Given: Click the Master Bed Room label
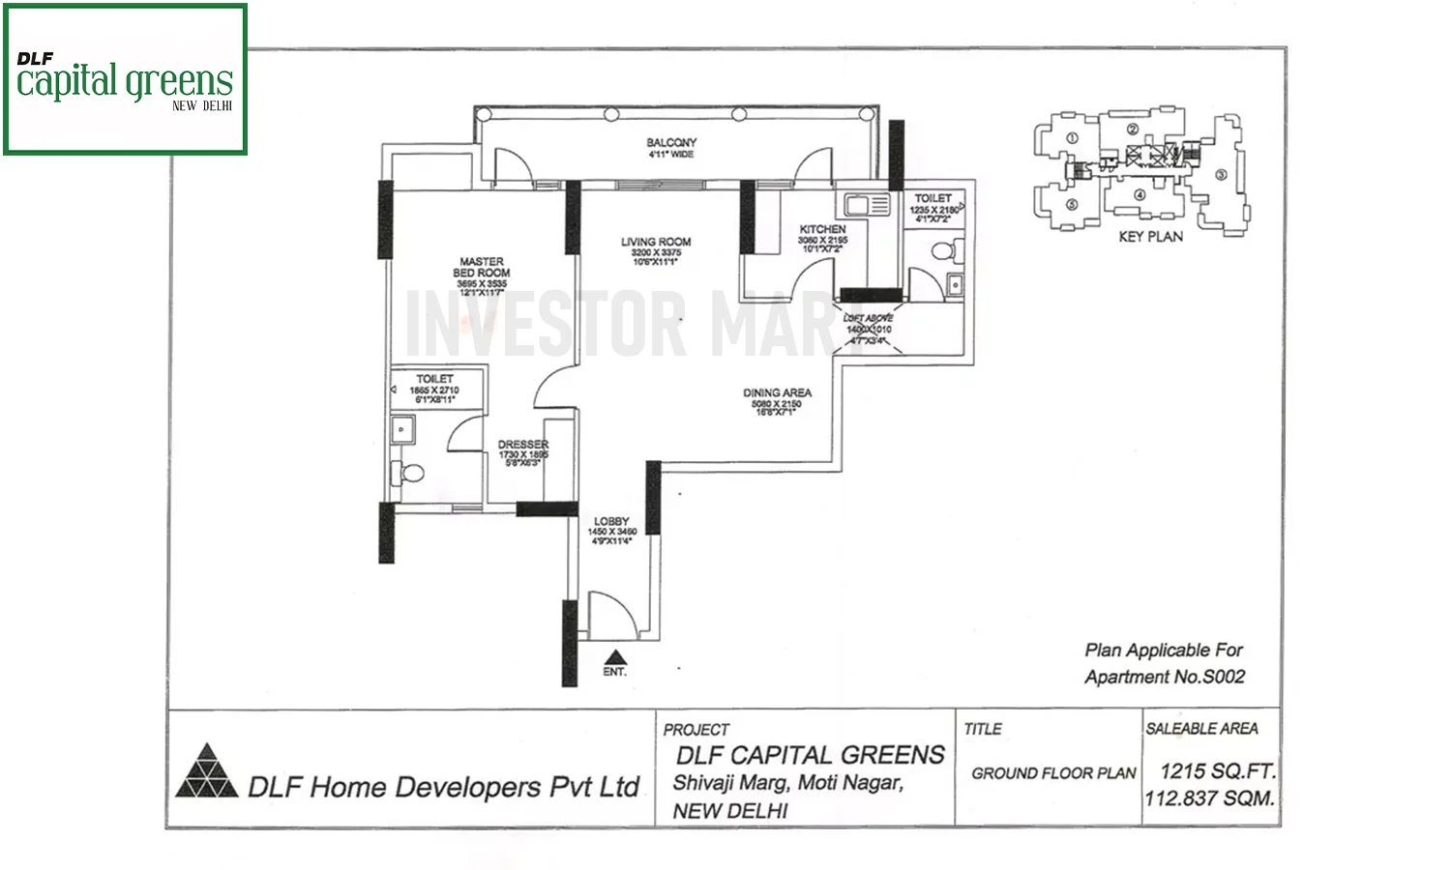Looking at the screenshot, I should click(482, 268).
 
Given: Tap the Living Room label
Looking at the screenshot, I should click(656, 242).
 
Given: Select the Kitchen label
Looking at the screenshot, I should click(822, 229).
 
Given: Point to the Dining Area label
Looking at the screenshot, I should click(777, 392).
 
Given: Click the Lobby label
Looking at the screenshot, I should click(611, 521).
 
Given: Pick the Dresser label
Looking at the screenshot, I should click(523, 445).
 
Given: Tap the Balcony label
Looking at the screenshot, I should click(671, 142).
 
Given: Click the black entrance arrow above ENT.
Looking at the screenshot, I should click(614, 655).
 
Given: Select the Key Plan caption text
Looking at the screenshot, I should click(1150, 236).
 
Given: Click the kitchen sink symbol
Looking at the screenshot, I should click(867, 204).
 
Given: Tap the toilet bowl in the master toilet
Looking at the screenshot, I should click(410, 474).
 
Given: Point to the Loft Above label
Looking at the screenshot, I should click(868, 318).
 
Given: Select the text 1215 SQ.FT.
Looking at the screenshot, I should click(1217, 771).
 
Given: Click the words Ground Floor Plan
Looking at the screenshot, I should click(1053, 773).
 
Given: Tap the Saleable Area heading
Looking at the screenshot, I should click(1201, 729).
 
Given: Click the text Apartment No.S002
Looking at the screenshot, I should click(1165, 677).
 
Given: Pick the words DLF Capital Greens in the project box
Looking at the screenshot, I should click(810, 755).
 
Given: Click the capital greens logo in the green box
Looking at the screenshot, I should click(125, 81).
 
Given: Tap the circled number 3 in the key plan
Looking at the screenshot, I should click(1221, 175).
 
